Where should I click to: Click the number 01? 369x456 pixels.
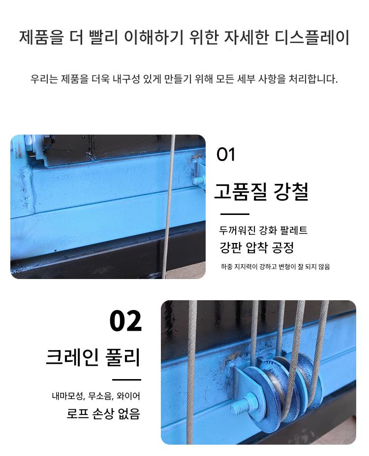225,155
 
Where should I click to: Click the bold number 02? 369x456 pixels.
125,321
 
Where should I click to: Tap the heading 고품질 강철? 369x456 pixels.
261,192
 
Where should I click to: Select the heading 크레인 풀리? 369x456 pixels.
93,357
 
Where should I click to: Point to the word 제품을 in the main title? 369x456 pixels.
41,37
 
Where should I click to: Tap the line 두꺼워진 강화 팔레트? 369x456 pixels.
263,230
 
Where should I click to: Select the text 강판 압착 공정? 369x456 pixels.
257,247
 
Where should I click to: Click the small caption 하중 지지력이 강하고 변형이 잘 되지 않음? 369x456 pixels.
275,266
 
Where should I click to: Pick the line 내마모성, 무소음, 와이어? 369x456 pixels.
96,396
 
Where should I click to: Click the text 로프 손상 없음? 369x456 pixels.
104,413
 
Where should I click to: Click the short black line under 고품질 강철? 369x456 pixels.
235,214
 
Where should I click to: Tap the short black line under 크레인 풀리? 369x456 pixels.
126,380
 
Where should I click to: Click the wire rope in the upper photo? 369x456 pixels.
168,207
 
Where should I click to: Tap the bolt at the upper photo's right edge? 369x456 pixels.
199,180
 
